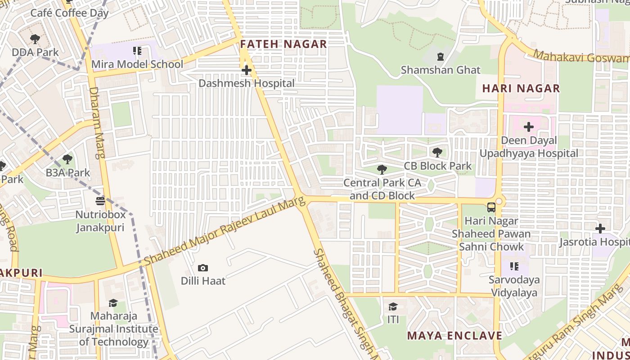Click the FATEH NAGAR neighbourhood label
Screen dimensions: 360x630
283,44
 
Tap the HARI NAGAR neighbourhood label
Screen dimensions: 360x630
521,88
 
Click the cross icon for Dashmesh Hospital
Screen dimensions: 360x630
246,70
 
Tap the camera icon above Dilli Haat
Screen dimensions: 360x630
203,268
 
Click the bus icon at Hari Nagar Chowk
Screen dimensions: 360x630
491,207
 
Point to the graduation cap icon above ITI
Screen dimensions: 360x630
393,306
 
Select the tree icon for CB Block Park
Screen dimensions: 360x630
437,152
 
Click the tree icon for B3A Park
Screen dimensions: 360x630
67,159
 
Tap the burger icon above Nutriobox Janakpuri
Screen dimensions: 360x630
100,201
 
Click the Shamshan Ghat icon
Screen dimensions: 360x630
440,57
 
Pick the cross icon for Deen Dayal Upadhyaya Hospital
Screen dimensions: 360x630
528,127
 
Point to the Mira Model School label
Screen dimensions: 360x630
137,64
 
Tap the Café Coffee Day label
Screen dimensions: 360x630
69,13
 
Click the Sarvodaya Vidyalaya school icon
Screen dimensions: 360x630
514,266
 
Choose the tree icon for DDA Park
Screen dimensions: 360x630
35,39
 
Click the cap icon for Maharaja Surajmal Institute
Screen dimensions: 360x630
113,303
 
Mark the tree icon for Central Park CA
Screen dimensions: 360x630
382,169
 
